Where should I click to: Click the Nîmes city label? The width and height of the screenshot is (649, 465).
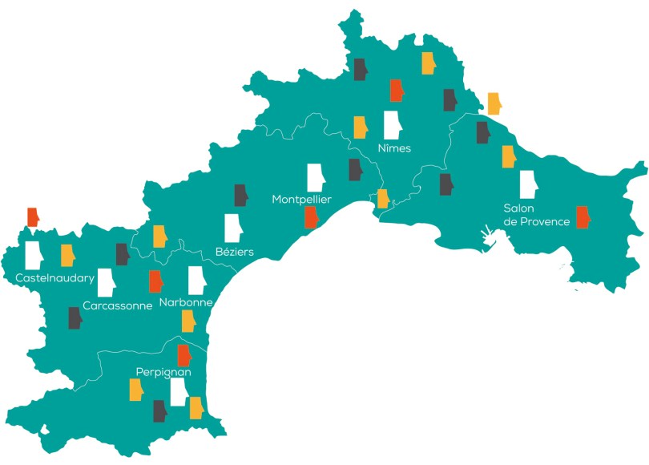pyautogui.click(x=393, y=148)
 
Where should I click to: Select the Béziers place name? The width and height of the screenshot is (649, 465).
pyautogui.click(x=235, y=252)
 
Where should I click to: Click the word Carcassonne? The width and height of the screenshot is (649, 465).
pyautogui.click(x=117, y=306)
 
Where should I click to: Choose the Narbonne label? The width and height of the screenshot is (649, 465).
pyautogui.click(x=186, y=302)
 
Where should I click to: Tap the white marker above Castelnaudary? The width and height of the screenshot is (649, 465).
pyautogui.click(x=34, y=254)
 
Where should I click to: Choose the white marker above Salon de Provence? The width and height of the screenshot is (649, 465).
pyautogui.click(x=528, y=184)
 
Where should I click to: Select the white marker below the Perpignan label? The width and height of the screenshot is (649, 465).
pyautogui.click(x=178, y=392)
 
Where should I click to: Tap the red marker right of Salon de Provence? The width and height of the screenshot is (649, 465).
pyautogui.click(x=583, y=217)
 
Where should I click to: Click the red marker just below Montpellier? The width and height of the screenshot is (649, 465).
pyautogui.click(x=311, y=217)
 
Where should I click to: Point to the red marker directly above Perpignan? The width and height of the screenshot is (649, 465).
pyautogui.click(x=183, y=356)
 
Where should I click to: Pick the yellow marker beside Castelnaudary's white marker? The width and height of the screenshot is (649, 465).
pyautogui.click(x=68, y=255)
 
